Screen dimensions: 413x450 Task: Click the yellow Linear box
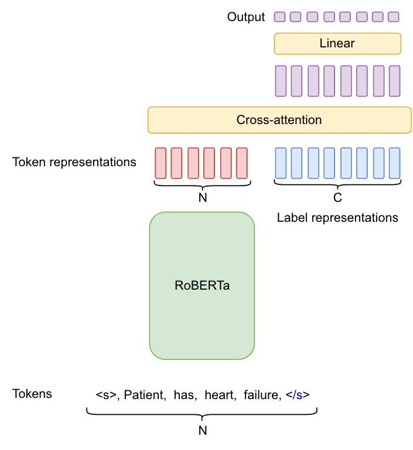(x=337, y=44)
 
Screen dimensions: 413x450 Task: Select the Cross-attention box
(x=279, y=120)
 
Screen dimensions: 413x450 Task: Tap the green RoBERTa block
(x=202, y=286)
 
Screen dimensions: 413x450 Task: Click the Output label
(x=246, y=17)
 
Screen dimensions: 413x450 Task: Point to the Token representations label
(x=74, y=162)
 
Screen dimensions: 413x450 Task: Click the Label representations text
(x=337, y=218)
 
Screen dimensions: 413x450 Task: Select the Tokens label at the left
(x=32, y=394)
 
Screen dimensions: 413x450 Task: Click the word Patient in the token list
(x=144, y=395)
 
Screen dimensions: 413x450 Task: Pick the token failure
(x=261, y=395)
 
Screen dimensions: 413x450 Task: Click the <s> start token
(x=105, y=395)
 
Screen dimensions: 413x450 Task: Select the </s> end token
(x=298, y=395)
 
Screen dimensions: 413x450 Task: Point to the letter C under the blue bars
(x=338, y=198)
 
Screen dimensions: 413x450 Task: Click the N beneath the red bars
(x=203, y=198)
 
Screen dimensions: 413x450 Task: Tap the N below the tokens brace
(x=203, y=431)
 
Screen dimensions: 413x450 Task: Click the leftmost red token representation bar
(x=161, y=163)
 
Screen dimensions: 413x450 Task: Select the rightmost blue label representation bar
(x=395, y=163)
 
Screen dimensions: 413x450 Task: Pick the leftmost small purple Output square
(x=280, y=17)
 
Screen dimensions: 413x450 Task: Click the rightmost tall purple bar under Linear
(x=395, y=81)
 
